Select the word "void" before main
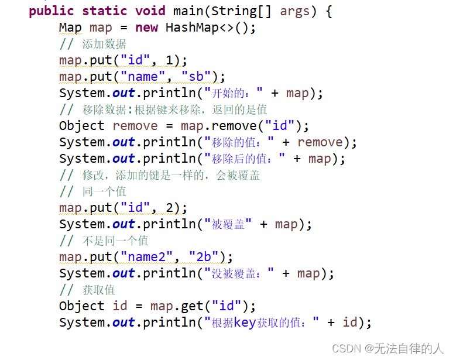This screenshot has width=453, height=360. (x=150, y=11)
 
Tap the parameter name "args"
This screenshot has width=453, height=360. (x=295, y=11)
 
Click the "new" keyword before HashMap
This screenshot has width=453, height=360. (x=146, y=28)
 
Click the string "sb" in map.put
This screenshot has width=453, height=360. (x=196, y=77)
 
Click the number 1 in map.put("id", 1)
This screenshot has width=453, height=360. (x=169, y=60)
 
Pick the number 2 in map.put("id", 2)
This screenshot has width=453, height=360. (x=169, y=208)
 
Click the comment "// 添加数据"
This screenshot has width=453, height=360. (x=92, y=44)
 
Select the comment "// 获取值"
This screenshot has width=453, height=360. (x=87, y=290)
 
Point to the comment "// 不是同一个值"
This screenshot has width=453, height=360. (x=104, y=241)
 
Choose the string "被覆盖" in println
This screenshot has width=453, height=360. (x=228, y=224)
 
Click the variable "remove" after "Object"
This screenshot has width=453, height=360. (x=135, y=126)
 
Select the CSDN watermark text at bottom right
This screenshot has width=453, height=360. (x=387, y=348)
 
